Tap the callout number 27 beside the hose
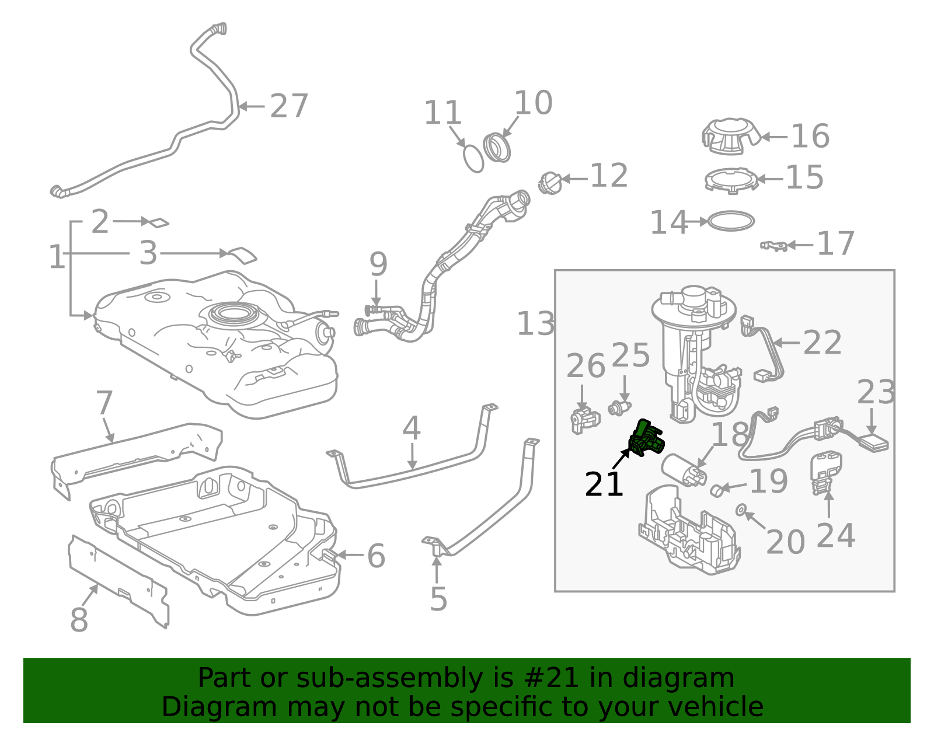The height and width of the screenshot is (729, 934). click(289, 106)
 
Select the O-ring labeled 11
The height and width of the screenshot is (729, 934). click(473, 159)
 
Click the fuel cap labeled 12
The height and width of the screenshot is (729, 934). click(549, 183)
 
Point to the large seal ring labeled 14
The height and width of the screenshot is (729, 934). click(731, 221)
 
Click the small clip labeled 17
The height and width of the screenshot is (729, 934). click(773, 246)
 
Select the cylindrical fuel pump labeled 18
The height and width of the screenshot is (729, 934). click(684, 469)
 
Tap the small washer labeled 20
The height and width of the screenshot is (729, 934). click(740, 510)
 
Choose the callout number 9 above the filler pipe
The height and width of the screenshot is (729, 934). click(378, 264)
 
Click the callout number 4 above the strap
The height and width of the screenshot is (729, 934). click(412, 429)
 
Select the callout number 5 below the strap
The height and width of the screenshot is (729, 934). click(438, 599)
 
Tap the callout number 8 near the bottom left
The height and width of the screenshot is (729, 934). click(79, 620)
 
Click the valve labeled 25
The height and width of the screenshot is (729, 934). click(619, 407)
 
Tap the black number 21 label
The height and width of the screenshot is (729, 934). click(604, 484)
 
